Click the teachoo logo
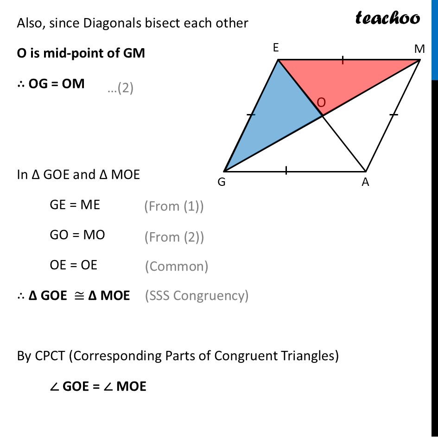click(387, 18)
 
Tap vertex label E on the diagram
click(276, 48)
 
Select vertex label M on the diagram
click(419, 49)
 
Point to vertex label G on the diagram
click(222, 183)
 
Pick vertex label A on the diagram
click(366, 183)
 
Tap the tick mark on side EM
click(343, 59)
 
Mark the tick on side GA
click(286, 171)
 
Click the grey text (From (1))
click(174, 207)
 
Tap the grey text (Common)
click(177, 266)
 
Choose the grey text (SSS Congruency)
click(197, 295)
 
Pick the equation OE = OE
click(73, 265)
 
